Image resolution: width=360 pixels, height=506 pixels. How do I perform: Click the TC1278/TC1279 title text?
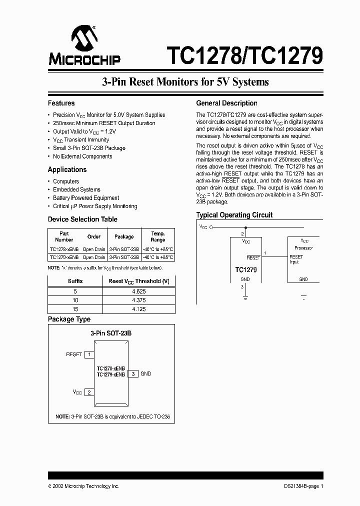pos(244,55)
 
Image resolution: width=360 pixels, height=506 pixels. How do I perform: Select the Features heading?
pos(61,103)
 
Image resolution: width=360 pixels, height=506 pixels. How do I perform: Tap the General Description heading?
pos(226,103)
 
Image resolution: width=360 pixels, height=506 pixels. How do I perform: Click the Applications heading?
pos(67,169)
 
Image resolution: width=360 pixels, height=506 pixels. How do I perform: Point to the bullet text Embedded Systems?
pos(76,189)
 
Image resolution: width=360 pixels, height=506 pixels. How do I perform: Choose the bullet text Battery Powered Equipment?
pos(86,198)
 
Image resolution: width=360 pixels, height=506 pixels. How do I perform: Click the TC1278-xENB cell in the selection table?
pos(64,249)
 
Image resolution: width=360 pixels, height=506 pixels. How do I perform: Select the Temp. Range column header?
pos(157,236)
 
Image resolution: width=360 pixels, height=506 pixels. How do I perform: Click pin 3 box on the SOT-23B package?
pos(133,373)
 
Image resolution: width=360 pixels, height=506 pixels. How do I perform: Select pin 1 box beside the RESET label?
pos(89,354)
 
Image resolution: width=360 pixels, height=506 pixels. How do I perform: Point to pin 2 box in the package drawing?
pos(89,392)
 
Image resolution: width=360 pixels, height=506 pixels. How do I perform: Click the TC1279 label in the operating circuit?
pos(245,269)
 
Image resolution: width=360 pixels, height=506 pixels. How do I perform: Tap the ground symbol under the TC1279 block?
pos(245,298)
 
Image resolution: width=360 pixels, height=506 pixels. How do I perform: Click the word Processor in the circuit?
pos(303,248)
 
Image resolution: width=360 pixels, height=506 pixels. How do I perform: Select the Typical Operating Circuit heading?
pos(234,215)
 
